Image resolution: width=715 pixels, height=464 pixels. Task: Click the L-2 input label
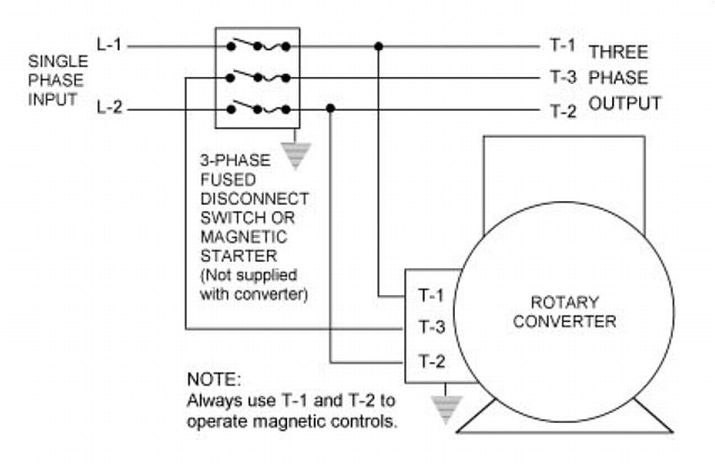pos(109,109)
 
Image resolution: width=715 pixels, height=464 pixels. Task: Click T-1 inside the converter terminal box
pos(432,294)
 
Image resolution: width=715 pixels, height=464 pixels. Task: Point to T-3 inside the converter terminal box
pos(432,327)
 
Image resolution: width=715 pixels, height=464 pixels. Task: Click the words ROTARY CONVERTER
pos(564,312)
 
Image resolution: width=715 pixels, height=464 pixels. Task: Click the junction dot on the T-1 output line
pos(379,45)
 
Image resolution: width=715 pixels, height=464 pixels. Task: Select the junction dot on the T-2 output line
pos(331,109)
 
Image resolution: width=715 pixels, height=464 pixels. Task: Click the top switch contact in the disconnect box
pos(257,44)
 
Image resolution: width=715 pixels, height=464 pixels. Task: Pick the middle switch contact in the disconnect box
pos(257,76)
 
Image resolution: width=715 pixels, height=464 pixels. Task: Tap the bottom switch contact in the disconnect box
pos(257,108)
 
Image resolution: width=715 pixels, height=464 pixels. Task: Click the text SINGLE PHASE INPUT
pos(58,80)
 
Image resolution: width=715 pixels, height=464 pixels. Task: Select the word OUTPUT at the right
pos(624,104)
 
